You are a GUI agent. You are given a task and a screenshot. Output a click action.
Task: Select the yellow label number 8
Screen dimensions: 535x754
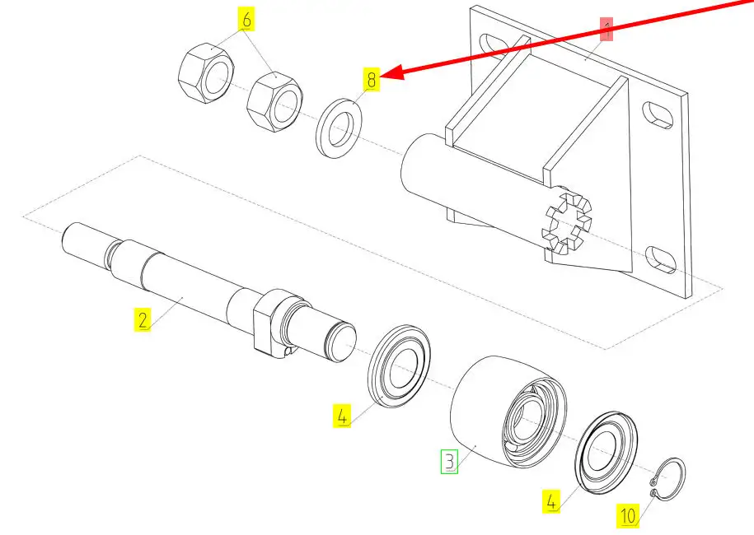point(372,80)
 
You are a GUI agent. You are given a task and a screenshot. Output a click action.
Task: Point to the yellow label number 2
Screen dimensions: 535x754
point(143,319)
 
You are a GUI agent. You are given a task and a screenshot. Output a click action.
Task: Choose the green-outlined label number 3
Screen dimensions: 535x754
point(449,461)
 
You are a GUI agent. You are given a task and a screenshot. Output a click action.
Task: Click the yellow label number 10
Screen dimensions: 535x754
point(628,516)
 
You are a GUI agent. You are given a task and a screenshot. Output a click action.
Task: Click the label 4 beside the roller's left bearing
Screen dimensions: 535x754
point(343,416)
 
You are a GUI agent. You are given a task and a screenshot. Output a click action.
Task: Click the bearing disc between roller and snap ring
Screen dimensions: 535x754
point(608,452)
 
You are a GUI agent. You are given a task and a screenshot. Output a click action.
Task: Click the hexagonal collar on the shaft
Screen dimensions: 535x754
point(271,325)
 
